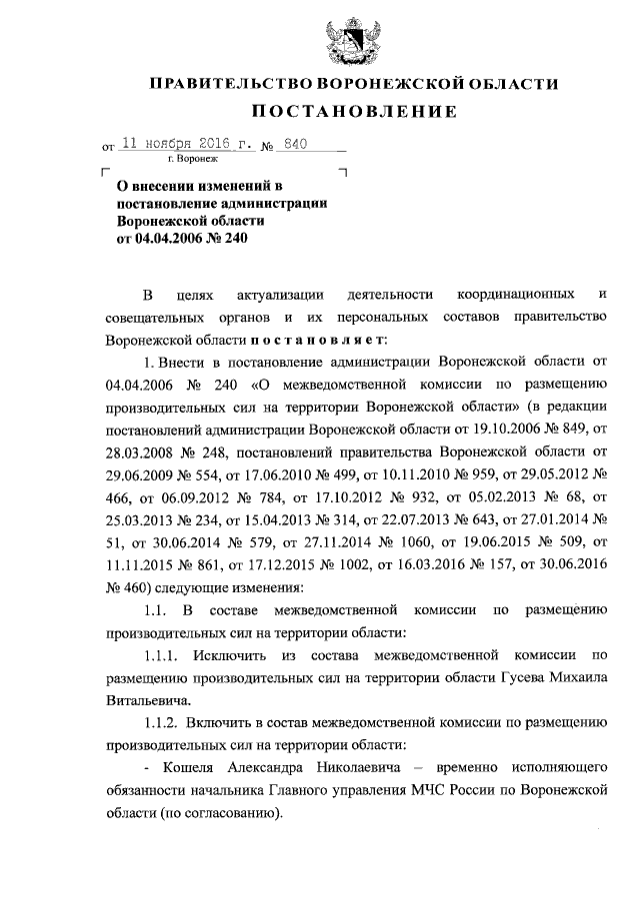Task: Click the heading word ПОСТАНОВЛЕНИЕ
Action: click(x=346, y=111)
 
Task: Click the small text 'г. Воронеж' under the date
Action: click(x=193, y=160)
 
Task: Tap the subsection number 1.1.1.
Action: click(x=161, y=655)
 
